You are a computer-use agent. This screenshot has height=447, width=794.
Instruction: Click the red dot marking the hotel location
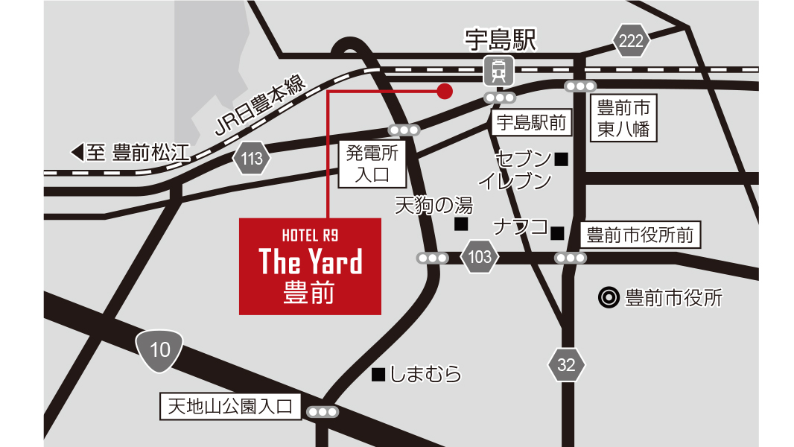click(444, 91)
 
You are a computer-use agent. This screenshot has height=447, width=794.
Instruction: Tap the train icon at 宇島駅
click(498, 72)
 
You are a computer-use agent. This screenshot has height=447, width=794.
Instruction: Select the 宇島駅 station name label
click(501, 40)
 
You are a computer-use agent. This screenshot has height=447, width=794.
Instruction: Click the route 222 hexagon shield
click(631, 41)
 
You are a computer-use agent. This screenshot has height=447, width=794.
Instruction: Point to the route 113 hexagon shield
click(252, 158)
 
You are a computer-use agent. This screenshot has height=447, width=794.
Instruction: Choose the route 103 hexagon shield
click(480, 258)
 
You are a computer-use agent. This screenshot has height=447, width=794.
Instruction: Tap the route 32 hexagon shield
click(566, 364)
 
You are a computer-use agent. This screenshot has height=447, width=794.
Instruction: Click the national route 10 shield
click(160, 349)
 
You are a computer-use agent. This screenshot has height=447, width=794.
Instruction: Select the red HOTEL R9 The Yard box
click(310, 266)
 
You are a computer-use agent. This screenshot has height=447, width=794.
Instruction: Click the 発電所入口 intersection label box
click(373, 165)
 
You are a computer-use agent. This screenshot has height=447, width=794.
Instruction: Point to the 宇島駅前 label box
click(531, 123)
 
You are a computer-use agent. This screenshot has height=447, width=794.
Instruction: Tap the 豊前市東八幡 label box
click(623, 118)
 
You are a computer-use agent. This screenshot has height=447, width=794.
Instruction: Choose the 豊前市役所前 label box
click(640, 236)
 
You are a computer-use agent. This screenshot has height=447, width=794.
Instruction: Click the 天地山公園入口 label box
click(232, 407)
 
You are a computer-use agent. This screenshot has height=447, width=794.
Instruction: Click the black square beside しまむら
click(378, 374)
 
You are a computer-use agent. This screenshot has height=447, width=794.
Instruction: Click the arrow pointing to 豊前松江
click(77, 153)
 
